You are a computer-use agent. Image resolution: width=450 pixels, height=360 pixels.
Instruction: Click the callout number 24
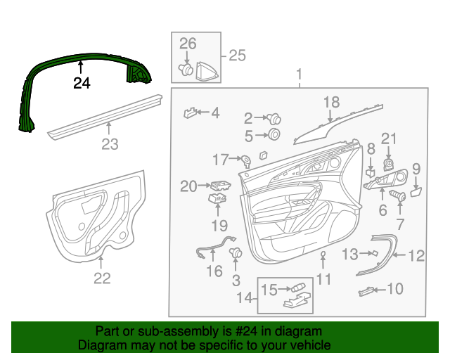coord(82,84)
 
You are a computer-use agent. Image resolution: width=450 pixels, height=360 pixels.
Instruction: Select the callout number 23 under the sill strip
coord(110,145)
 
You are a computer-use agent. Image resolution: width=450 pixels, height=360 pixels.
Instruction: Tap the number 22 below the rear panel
coord(102,278)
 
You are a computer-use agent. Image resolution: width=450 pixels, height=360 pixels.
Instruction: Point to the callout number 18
coord(330,103)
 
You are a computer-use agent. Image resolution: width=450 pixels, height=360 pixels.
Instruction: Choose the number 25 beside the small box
coord(237,56)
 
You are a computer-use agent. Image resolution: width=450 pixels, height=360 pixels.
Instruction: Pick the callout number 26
coord(187,44)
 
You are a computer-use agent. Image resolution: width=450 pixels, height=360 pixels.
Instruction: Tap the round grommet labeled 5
coord(274,134)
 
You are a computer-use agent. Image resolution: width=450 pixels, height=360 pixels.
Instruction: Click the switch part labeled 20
coord(219,186)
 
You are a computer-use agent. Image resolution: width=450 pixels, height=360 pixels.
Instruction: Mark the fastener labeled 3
coord(236,253)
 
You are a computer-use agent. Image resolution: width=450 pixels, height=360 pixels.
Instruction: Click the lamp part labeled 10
coord(365,290)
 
